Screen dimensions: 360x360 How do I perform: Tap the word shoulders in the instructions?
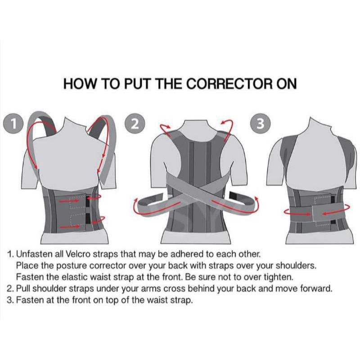tap(296, 265)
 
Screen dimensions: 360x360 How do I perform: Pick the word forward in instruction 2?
tap(316, 288)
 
